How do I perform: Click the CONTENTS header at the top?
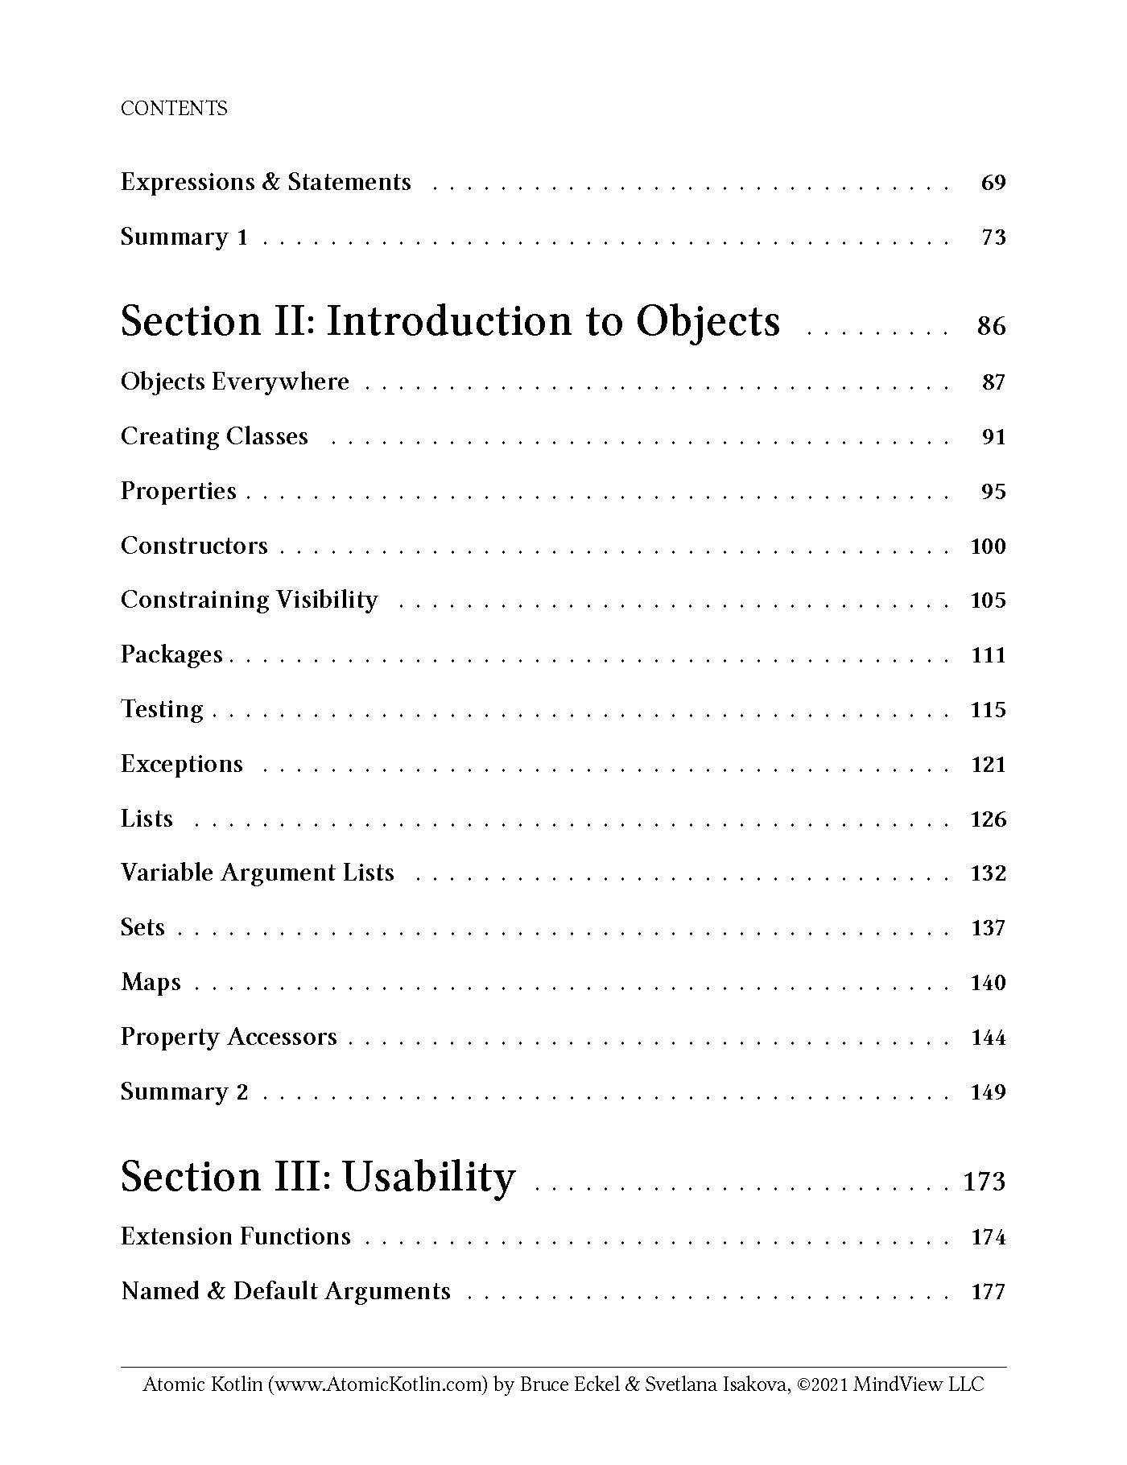174,109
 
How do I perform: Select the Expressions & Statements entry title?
266,183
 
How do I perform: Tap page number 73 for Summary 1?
993,237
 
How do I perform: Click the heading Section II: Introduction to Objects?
450,321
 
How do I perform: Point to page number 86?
991,326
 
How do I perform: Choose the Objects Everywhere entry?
235,382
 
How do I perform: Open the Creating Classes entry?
214,436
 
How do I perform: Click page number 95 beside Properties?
993,491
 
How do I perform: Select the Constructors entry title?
194,546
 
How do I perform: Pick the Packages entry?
171,654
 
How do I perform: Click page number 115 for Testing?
989,710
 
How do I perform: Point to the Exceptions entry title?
182,764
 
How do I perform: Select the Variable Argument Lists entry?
258,873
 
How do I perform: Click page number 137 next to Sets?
989,928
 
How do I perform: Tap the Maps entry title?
151,983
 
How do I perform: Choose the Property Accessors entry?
229,1038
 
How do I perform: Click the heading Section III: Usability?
318,1177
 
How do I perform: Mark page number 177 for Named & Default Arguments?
989,1292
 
